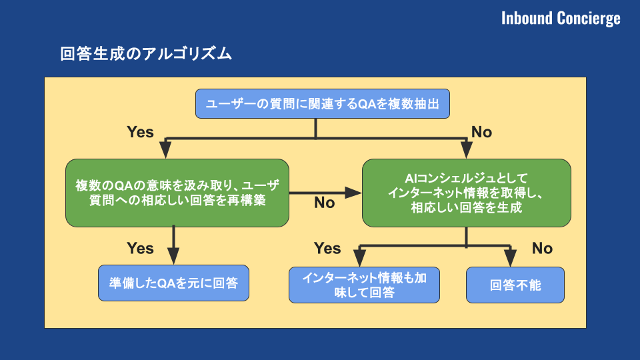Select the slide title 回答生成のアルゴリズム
(146, 54)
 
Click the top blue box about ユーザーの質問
(323, 104)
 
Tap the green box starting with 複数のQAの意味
(177, 193)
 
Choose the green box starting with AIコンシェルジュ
(466, 193)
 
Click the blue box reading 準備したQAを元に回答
(173, 283)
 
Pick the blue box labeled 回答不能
(515, 285)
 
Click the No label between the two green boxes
(325, 203)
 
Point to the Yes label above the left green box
(141, 132)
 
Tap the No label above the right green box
(481, 132)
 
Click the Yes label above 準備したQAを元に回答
(141, 248)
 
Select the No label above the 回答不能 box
(542, 248)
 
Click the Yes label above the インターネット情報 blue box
(327, 248)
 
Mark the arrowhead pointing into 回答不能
(511, 259)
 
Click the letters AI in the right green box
(410, 179)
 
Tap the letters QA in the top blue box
(367, 104)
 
